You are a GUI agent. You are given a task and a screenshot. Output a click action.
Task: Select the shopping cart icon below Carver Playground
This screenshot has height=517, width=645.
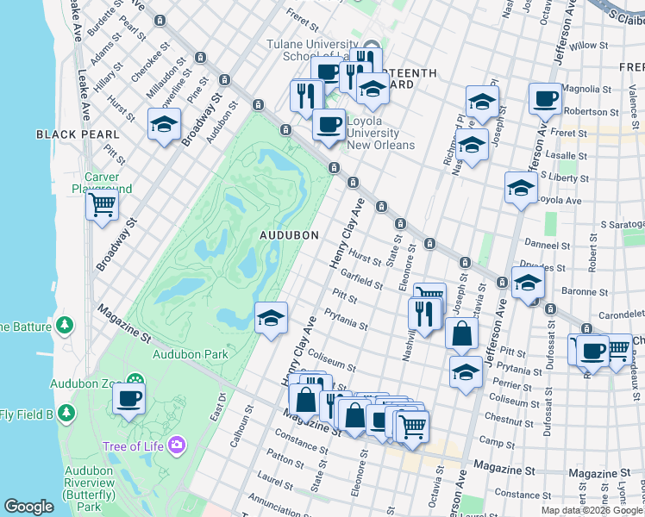(x=102, y=205)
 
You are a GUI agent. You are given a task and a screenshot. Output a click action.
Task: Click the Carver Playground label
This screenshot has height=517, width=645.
(x=102, y=183)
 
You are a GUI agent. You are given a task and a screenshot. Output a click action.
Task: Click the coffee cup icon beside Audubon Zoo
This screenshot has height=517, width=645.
(x=128, y=398)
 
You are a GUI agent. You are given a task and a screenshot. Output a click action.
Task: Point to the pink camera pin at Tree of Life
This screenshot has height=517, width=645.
(x=178, y=445)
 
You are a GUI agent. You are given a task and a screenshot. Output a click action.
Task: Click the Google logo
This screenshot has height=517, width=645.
(x=28, y=506)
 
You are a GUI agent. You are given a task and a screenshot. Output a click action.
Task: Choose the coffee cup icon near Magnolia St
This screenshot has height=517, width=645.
(x=544, y=100)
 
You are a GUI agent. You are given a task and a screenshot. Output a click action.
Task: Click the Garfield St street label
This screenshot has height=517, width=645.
(x=361, y=278)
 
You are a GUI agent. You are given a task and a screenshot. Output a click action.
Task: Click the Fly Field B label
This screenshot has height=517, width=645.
(x=26, y=415)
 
